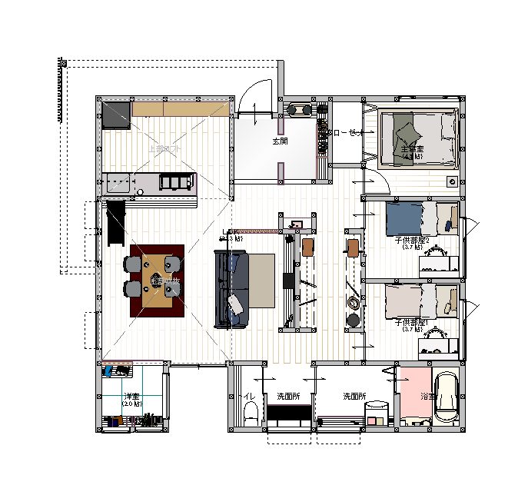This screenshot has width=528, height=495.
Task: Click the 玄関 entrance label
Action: coord(279,142)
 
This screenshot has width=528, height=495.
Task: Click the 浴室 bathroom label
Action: coord(427,397)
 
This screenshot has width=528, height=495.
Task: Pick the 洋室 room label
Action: coord(131,396)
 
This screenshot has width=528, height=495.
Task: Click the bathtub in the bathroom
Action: coord(446,398)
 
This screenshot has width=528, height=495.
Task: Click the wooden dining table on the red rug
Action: coord(157,281)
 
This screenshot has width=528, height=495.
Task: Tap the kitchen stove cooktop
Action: coord(176,181)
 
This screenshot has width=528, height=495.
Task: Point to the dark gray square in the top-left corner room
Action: coord(116,115)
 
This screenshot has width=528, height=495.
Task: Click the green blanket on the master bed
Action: coord(404,137)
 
